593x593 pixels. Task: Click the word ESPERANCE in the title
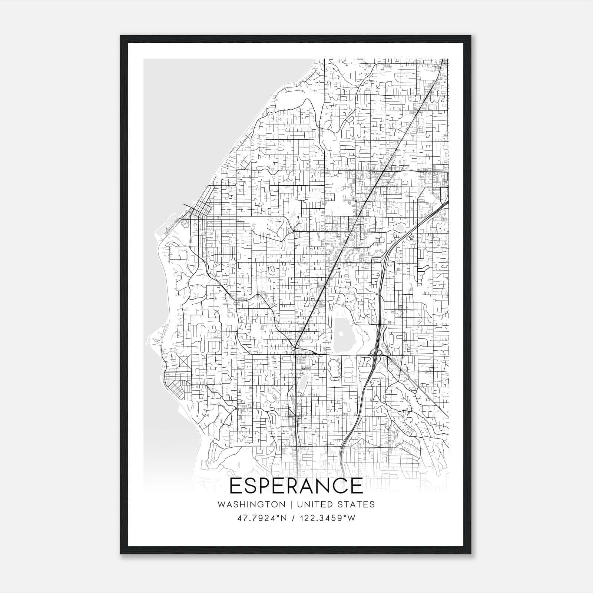(296, 486)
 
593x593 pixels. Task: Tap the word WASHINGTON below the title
(251, 504)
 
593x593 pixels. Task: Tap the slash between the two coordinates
(294, 518)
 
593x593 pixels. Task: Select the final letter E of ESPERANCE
(357, 486)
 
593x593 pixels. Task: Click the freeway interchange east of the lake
(377, 354)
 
